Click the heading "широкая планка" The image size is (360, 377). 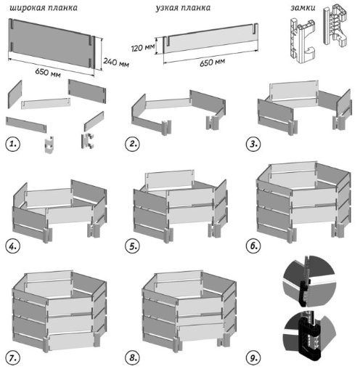click(44, 8)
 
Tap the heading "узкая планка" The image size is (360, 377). click(183, 8)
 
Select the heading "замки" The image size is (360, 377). click(303, 8)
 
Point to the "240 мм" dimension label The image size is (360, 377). click(116, 62)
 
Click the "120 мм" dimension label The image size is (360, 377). click(143, 47)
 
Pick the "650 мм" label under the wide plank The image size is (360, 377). click(48, 72)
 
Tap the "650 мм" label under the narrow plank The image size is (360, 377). click(212, 62)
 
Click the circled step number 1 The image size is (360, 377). click(12, 144)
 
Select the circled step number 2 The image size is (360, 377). click(132, 144)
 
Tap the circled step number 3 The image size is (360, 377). click(253, 144)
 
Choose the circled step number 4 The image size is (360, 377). click(12, 246)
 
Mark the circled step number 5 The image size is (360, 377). click(132, 246)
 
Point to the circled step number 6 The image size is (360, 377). click(253, 246)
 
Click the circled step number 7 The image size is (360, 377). click(12, 358)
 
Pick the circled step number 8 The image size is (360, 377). click(132, 358)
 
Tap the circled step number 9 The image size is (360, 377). click(253, 358)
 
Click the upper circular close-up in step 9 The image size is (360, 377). click(309, 281)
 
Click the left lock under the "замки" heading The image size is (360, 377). click(303, 41)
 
